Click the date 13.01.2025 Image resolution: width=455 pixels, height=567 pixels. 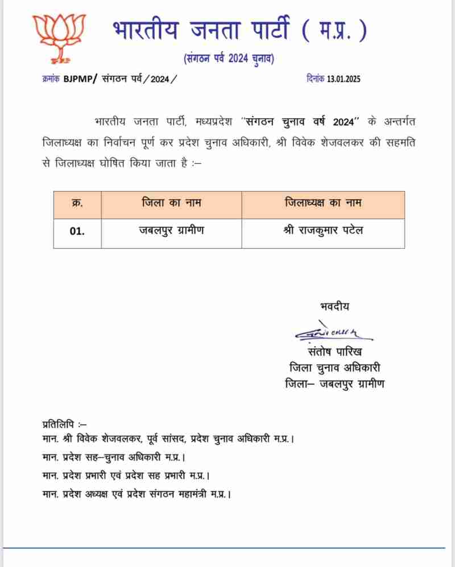[344, 79]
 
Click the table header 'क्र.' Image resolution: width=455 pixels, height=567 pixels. [77, 203]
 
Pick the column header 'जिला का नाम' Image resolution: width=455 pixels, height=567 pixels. [171, 203]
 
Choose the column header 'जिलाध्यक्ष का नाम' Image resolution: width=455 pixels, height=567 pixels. [322, 203]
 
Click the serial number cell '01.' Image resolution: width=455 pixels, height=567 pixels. [77, 232]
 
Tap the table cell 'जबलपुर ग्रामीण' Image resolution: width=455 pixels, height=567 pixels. [171, 232]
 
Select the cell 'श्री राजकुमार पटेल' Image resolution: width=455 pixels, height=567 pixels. [322, 232]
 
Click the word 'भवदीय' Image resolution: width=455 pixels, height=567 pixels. [334, 307]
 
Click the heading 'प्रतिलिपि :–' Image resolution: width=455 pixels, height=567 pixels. [64, 425]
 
